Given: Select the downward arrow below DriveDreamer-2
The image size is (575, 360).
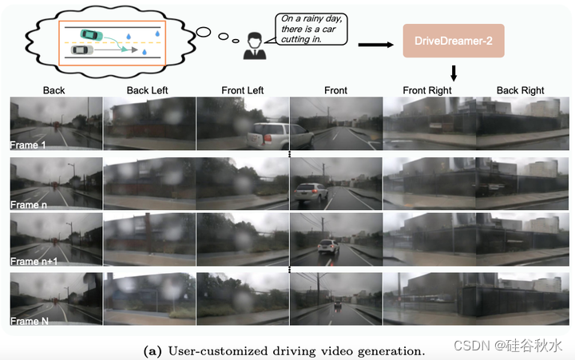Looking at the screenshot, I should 453,73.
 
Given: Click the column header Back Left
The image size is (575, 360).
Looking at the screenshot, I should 149,90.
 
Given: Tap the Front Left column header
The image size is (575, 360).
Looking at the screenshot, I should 242,90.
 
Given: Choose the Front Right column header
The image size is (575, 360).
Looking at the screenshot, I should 428,90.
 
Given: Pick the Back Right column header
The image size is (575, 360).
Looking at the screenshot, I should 520,90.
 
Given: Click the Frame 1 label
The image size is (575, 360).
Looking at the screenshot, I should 29,145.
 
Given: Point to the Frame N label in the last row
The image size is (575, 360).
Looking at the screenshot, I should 30,320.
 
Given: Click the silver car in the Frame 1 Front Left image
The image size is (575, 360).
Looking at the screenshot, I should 266,136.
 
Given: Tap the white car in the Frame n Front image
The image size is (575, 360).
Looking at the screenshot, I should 311,192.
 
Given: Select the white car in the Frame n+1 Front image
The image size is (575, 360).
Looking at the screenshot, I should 327,248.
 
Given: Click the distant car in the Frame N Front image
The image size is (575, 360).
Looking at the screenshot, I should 339,306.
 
